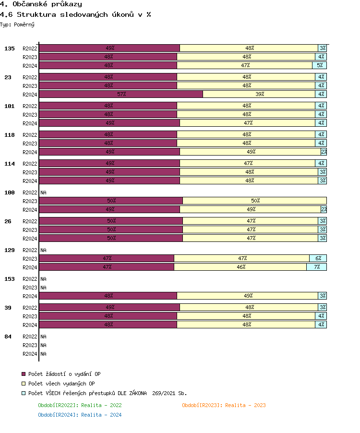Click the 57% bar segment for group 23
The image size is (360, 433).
[x=121, y=94]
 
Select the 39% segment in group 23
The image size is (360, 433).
[x=259, y=94]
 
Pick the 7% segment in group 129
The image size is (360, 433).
[x=317, y=267]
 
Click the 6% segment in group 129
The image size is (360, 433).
[x=318, y=258]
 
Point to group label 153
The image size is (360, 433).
[x=10, y=279]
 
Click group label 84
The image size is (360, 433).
[x=8, y=337]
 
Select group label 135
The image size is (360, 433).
[x=10, y=48]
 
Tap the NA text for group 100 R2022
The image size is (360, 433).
[x=43, y=192]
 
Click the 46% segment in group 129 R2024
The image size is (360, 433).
[x=240, y=267]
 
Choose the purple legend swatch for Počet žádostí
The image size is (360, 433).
[x=24, y=374]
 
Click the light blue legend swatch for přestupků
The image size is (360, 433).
[x=24, y=393]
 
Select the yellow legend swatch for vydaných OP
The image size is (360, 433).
[x=24, y=384]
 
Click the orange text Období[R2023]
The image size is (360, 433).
[x=224, y=405]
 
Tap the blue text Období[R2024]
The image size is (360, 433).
[x=80, y=415]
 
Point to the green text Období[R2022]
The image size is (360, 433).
[x=80, y=405]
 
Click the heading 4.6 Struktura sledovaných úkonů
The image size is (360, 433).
[x=75, y=14]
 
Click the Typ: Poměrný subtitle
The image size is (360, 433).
[x=17, y=24]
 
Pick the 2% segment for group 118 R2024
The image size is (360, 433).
[x=324, y=152]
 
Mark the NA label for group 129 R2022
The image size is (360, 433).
[x=43, y=250]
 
